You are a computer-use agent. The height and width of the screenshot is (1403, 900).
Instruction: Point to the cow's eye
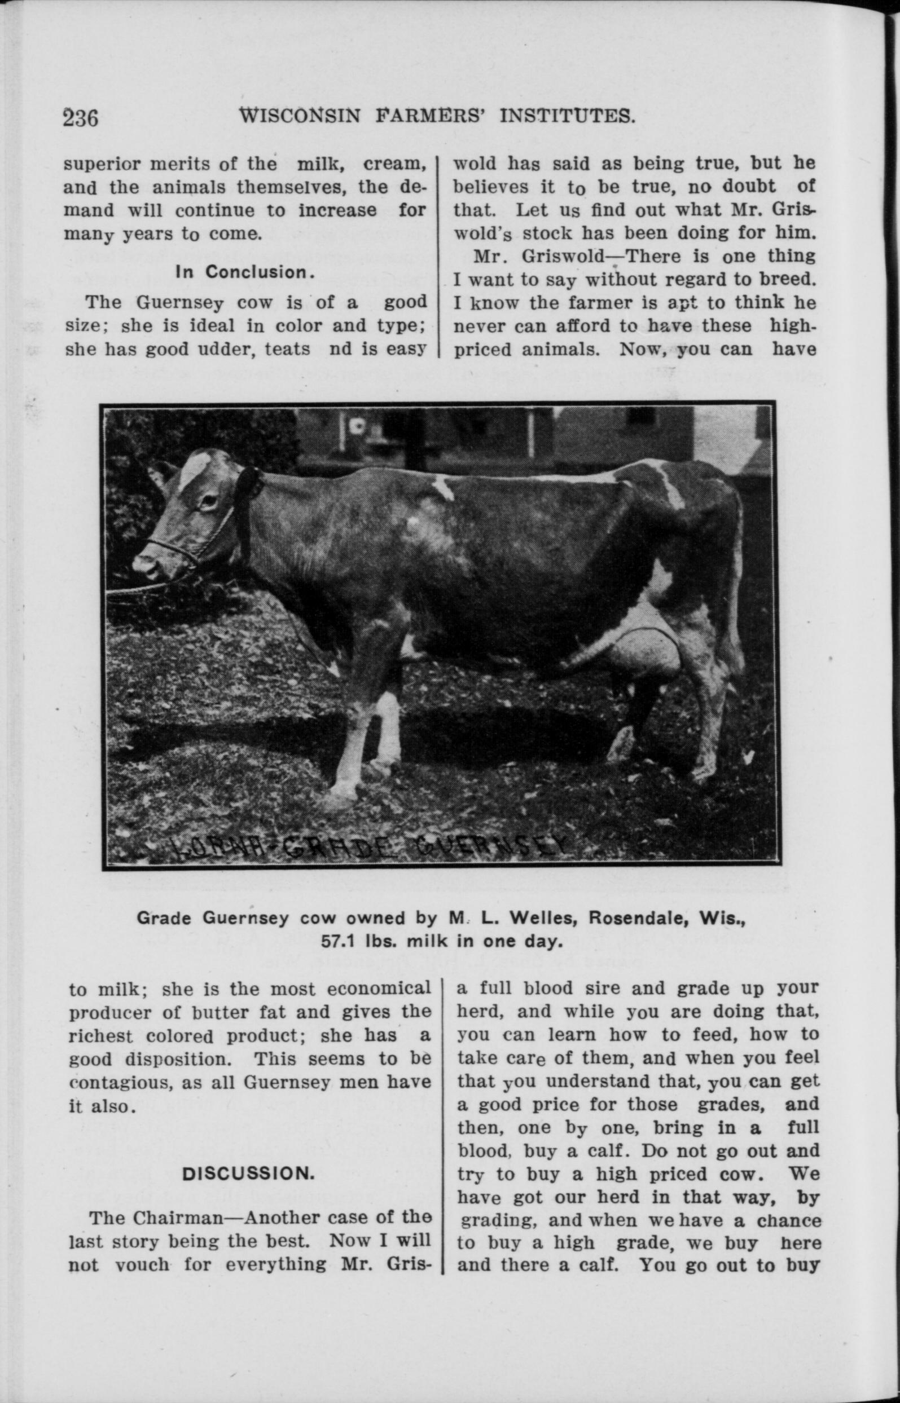[209, 501]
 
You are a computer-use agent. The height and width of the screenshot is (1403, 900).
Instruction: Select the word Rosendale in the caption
[633, 919]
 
